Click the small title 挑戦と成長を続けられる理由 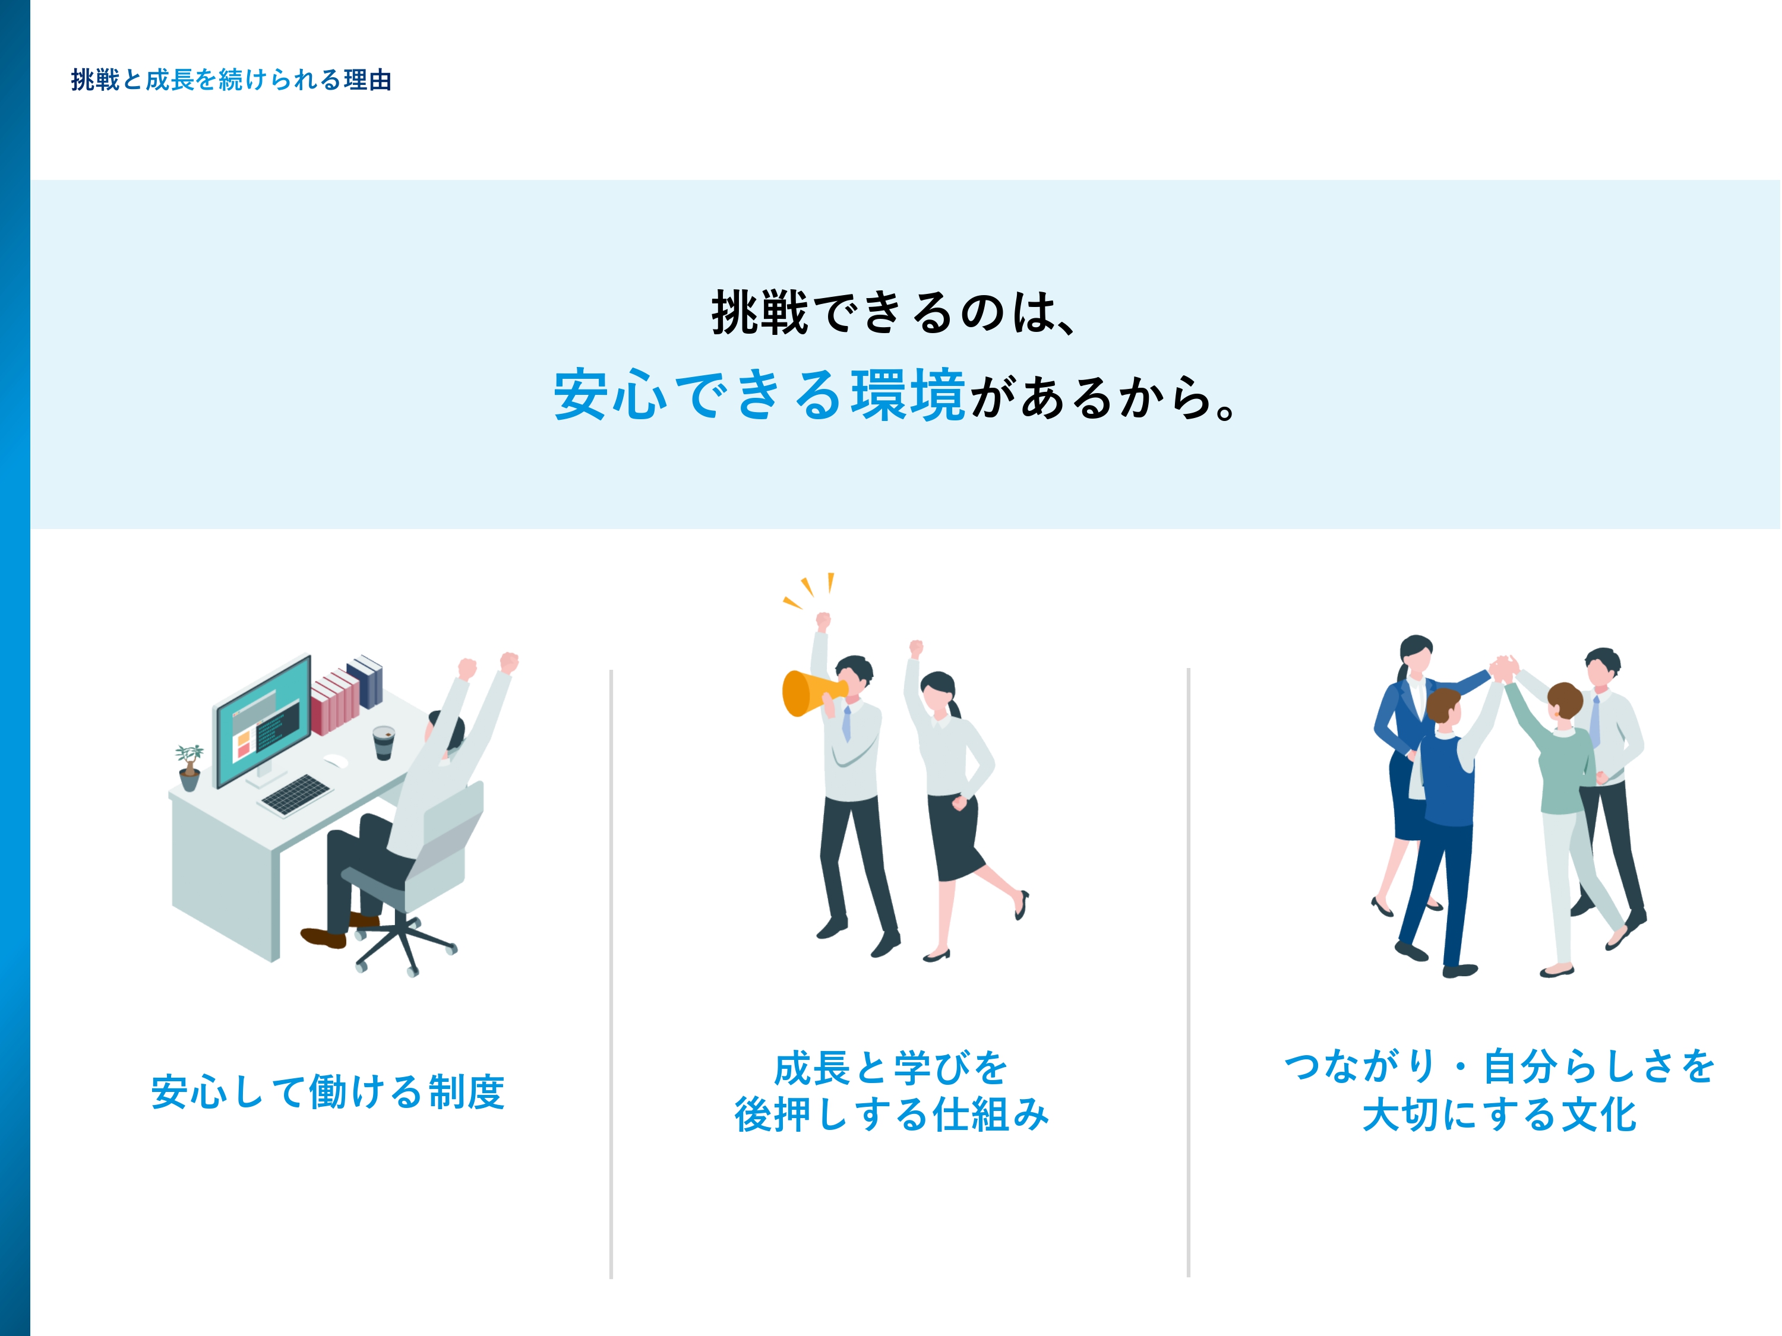coord(231,80)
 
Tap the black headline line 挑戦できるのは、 coord(893,312)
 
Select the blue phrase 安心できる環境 coord(759,395)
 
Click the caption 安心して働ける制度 coord(328,1092)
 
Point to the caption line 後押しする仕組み coord(892,1115)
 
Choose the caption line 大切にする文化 coord(1499,1115)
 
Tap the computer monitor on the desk coord(263,721)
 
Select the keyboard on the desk coord(296,794)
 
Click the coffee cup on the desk coord(384,742)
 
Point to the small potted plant coord(189,767)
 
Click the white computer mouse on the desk coord(336,761)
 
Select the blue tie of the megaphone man coord(846,723)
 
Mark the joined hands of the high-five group coord(1502,669)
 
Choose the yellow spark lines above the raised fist coord(809,590)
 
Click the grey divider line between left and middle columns coord(611,974)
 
